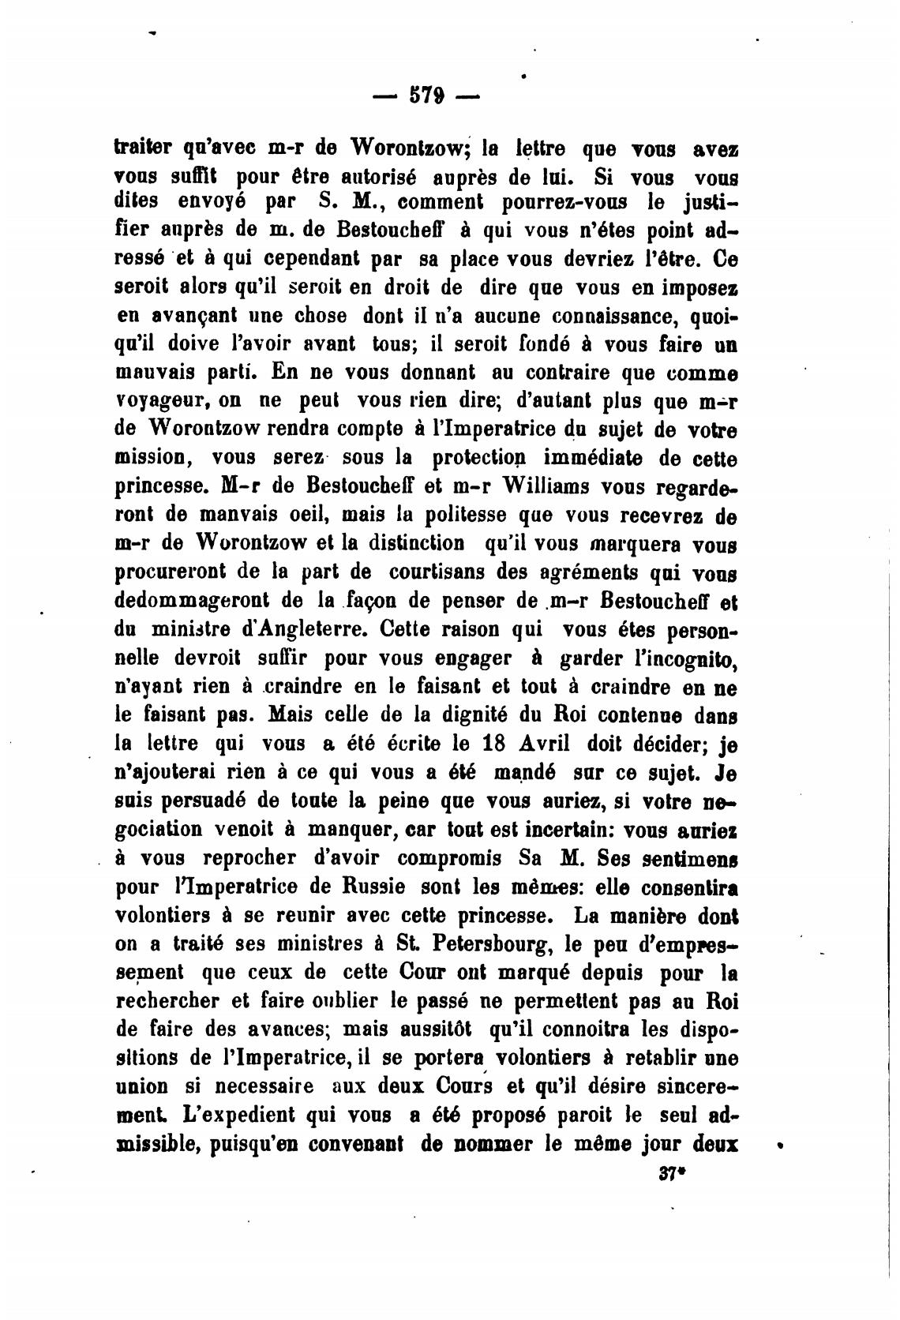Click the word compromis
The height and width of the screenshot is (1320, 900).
[447, 858]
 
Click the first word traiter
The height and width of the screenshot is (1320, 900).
[142, 148]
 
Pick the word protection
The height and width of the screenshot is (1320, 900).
[469, 459]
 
